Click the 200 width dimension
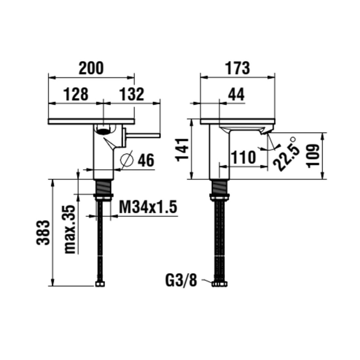tap(91, 68)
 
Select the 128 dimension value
tap(76, 94)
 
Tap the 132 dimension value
tap(132, 94)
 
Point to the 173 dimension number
tap(238, 68)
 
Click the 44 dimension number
tap(236, 94)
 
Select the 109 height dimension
tap(312, 156)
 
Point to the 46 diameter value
tap(146, 160)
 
